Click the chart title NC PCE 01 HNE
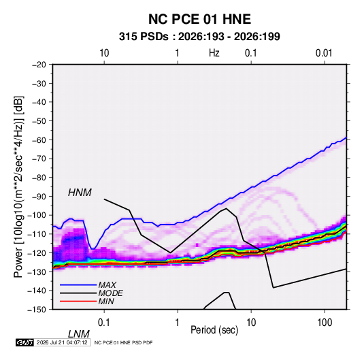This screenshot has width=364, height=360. pos(199,19)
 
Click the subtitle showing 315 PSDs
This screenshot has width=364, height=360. pos(199,37)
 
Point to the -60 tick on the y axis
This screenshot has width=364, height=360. pos(39,140)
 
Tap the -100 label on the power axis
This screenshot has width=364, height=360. pos(37,215)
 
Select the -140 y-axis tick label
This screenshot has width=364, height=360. pos(37,291)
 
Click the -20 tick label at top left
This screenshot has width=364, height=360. pos(39,65)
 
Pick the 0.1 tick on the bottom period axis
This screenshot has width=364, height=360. pos(103,323)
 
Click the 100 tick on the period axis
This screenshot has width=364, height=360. pos(325,323)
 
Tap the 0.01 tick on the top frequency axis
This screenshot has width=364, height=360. pos(324,53)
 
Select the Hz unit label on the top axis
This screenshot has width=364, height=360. pos(214,53)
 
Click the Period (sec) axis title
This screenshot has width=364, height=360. pos(214,330)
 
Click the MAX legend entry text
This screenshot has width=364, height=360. pos(107,285)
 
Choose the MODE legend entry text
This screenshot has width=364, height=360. pos(110,293)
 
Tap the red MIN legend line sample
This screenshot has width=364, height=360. pos(78,301)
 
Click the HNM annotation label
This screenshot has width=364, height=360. pos(80,193)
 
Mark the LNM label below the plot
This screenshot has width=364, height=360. pos(79,334)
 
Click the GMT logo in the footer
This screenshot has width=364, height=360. pos(25,342)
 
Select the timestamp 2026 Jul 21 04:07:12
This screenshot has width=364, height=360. pos(62,342)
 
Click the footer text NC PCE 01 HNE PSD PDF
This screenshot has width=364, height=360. pos(124,342)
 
